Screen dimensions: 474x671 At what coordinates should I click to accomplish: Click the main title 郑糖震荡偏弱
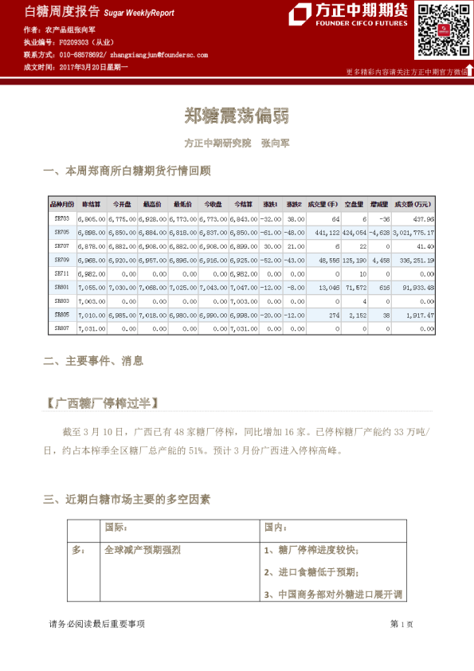(x=237, y=116)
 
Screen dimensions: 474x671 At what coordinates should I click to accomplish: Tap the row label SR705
(x=62, y=232)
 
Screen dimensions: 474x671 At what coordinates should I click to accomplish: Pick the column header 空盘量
(x=355, y=204)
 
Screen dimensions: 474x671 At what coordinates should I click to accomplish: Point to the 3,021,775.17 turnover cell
(x=413, y=232)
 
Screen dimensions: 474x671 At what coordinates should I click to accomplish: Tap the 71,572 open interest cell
(x=355, y=287)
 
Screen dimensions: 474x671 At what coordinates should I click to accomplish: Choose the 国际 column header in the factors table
(x=116, y=528)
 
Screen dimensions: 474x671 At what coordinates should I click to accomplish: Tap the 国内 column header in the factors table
(x=275, y=528)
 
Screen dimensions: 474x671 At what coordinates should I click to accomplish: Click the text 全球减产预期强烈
(x=143, y=550)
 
